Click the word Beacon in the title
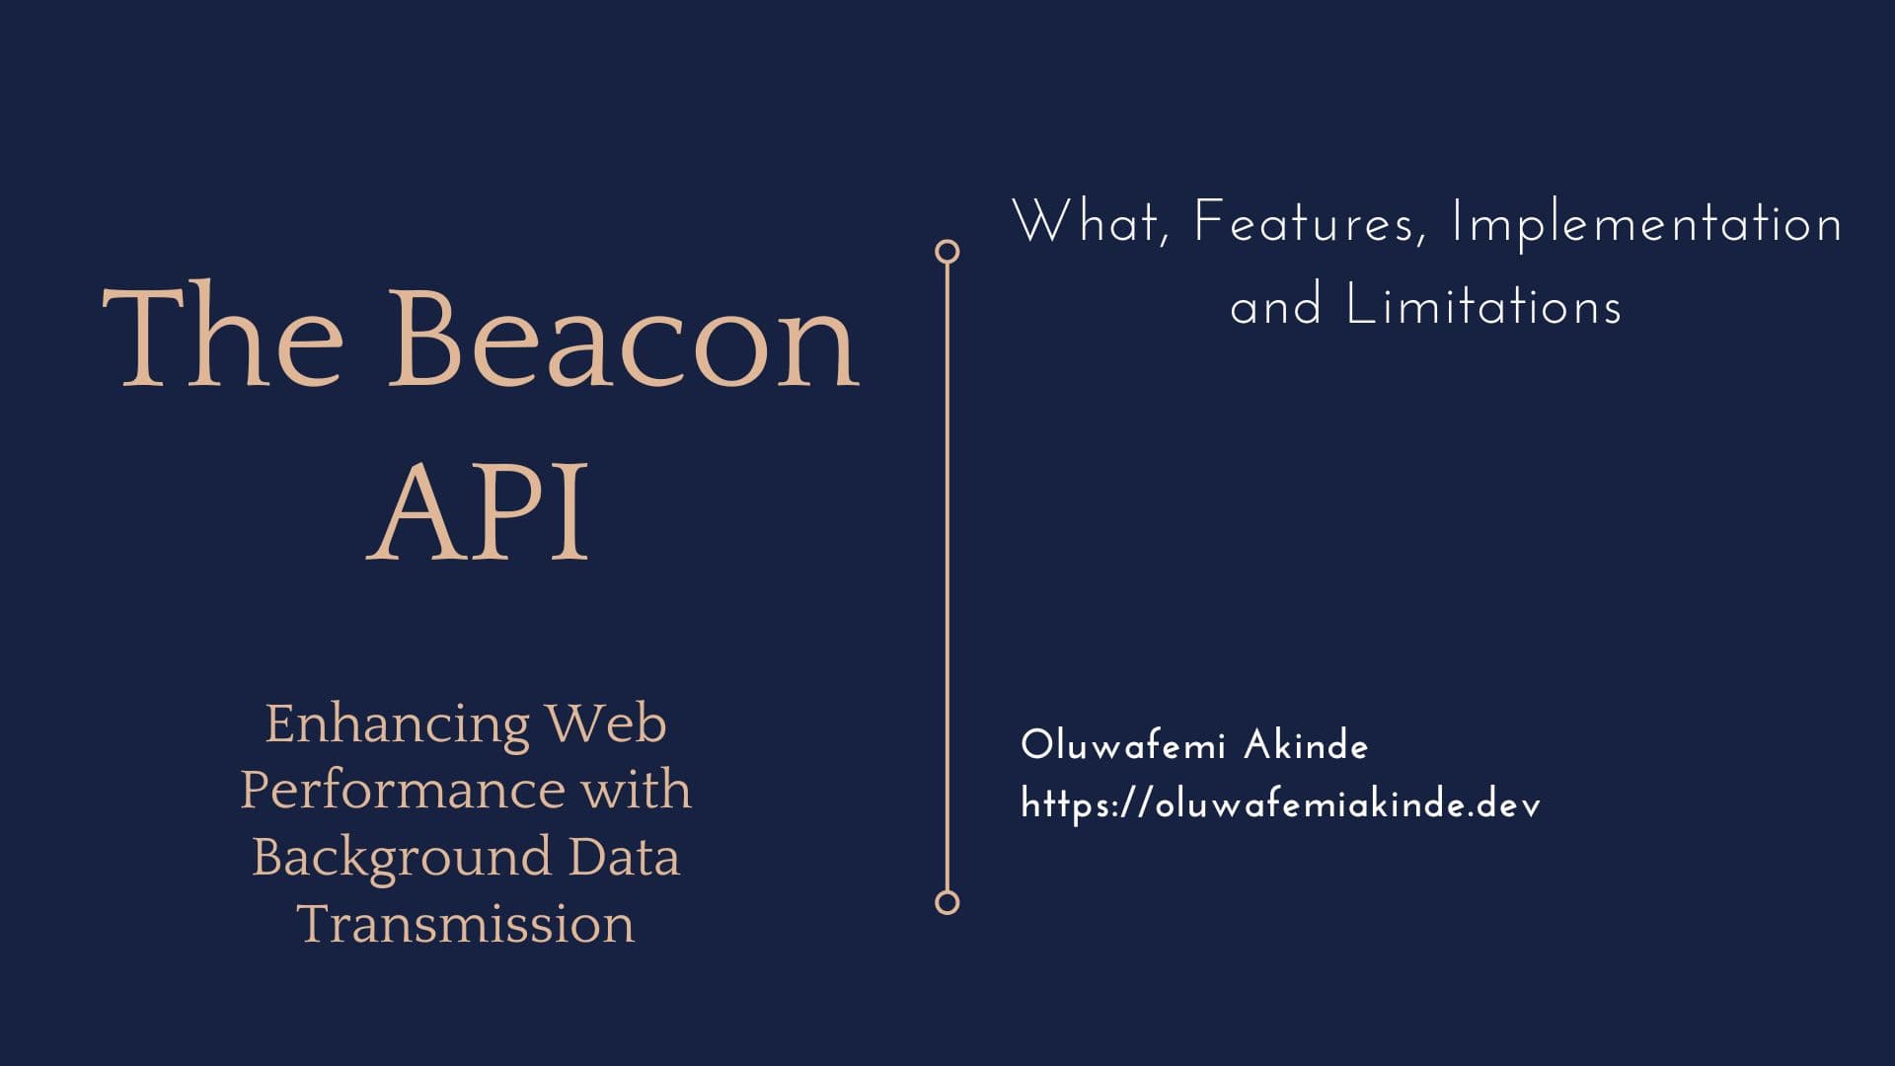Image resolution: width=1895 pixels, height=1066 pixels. [624, 338]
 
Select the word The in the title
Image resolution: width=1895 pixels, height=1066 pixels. [223, 338]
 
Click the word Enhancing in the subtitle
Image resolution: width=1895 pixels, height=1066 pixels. [397, 725]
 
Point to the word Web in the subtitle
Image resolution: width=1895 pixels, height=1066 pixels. [606, 723]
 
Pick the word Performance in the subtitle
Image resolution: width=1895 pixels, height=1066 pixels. [402, 792]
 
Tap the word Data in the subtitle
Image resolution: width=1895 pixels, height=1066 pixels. [624, 857]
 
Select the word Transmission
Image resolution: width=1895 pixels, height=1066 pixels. [466, 925]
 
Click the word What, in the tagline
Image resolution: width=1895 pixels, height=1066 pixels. [1092, 222]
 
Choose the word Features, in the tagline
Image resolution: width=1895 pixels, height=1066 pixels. [1310, 223]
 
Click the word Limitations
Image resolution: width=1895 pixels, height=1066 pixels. [1484, 305]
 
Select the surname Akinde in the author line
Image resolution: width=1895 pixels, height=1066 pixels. [1306, 746]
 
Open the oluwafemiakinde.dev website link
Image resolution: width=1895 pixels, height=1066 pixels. [1280, 805]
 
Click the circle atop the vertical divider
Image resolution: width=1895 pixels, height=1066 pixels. [947, 252]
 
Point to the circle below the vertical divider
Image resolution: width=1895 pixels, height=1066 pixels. [947, 902]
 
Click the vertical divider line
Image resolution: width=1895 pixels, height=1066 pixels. [947, 577]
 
